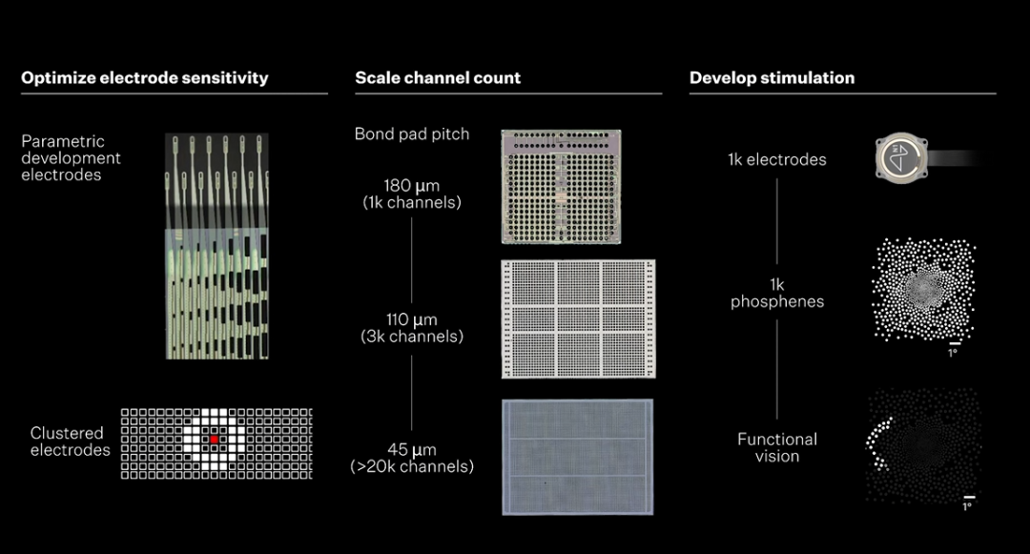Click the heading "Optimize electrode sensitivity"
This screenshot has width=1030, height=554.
(145, 78)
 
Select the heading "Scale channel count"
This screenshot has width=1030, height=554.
(438, 78)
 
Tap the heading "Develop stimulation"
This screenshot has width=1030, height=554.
(772, 78)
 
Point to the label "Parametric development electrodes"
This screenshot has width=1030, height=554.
(71, 158)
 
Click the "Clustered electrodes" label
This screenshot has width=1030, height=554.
(71, 441)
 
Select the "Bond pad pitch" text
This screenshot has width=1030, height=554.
(412, 134)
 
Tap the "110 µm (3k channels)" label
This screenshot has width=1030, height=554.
(412, 327)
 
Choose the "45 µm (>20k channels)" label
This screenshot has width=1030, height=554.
(412, 458)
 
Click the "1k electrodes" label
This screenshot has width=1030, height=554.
(776, 159)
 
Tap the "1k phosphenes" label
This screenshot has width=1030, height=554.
(776, 293)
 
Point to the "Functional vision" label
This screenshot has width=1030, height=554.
(776, 447)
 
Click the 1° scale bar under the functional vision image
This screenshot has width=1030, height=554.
(968, 498)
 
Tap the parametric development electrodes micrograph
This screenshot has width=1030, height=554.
(216, 246)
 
